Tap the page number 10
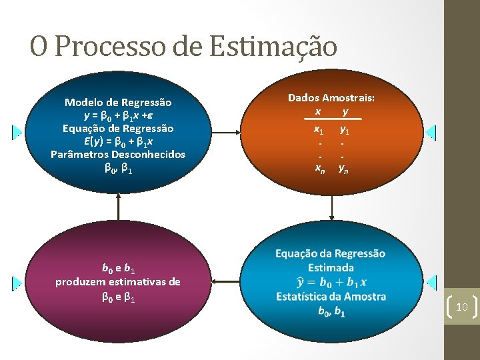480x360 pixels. pyautogui.click(x=461, y=307)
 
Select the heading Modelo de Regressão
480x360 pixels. pyautogui.click(x=118, y=103)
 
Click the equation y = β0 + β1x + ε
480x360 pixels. pyautogui.click(x=118, y=115)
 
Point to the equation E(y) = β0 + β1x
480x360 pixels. pyautogui.click(x=118, y=141)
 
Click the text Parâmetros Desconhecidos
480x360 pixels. pyautogui.click(x=118, y=154)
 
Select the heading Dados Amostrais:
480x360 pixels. pyautogui.click(x=331, y=97)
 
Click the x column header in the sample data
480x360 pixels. pyautogui.click(x=318, y=110)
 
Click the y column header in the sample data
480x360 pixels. pyautogui.click(x=345, y=110)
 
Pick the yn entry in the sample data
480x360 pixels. pyautogui.click(x=343, y=168)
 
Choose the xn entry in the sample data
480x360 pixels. pyautogui.click(x=320, y=168)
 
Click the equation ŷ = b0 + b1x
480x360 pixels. pyautogui.click(x=330, y=282)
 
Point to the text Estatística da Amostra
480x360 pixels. pyautogui.click(x=331, y=296)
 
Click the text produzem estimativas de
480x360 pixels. pyautogui.click(x=118, y=281)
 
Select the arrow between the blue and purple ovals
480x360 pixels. pyautogui.click(x=118, y=206)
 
